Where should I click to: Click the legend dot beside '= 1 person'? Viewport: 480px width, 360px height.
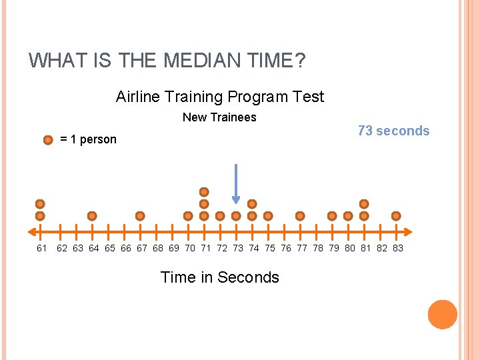pyautogui.click(x=47, y=140)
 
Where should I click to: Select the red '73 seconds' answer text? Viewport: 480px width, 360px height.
pyautogui.click(x=393, y=131)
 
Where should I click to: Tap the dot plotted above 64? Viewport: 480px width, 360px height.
pyautogui.click(x=92, y=216)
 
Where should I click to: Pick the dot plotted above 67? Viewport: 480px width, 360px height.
pyautogui.click(x=140, y=216)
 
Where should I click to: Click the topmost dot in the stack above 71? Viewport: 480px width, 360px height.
pyautogui.click(x=204, y=192)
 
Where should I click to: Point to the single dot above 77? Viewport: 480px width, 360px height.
pyautogui.click(x=300, y=216)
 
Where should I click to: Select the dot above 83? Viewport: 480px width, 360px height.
pyautogui.click(x=396, y=216)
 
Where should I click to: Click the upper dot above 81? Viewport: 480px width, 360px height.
pyautogui.click(x=364, y=204)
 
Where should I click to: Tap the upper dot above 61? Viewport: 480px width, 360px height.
pyautogui.click(x=40, y=204)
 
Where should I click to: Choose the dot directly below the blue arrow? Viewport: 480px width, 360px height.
pyautogui.click(x=236, y=216)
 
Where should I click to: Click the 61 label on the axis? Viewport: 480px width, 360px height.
pyautogui.click(x=42, y=248)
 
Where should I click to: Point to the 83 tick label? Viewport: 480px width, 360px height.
pyautogui.click(x=398, y=248)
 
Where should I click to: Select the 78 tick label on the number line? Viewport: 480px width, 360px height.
pyautogui.click(x=318, y=248)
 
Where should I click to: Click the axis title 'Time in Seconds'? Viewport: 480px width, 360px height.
pyautogui.click(x=220, y=277)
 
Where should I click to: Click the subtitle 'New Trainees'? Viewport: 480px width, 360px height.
pyautogui.click(x=219, y=117)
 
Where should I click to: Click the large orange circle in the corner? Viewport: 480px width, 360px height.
pyautogui.click(x=443, y=315)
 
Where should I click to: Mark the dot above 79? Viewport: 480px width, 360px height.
pyautogui.click(x=332, y=216)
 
